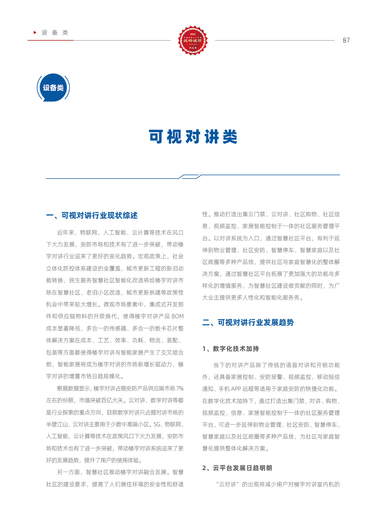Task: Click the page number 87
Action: coord(346,41)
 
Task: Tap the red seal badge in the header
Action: coord(193,40)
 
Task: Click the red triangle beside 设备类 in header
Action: coord(35,33)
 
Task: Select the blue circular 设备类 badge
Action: coord(53,88)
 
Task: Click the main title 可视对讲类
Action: coord(193,137)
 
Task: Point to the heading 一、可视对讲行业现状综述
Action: coord(92,215)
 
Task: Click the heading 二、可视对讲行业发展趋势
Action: coord(248,323)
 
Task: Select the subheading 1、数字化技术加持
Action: coord(231,349)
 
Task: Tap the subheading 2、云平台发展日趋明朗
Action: coord(237,468)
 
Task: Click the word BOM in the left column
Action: coord(177,316)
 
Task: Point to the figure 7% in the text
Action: coord(180,388)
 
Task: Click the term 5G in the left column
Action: coord(157,425)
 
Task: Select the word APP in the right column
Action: coord(236,389)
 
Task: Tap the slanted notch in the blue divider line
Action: coord(190,176)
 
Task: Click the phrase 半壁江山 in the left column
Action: coord(57,425)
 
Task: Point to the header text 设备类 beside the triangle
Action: coord(55,33)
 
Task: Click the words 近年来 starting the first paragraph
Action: coord(66,233)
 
